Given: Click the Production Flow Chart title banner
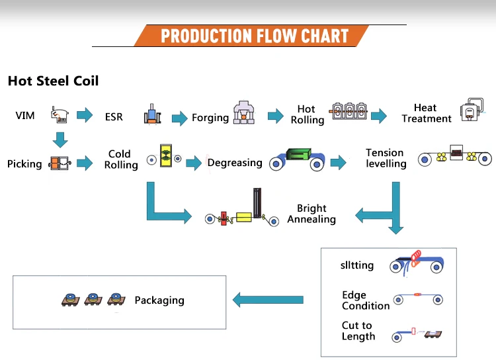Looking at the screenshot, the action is (x=251, y=36).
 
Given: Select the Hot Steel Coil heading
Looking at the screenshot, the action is (x=53, y=81).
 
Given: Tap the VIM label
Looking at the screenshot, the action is (x=25, y=116).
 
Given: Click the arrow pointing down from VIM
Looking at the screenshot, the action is (x=60, y=140).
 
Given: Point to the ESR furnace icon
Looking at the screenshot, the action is (x=152, y=114).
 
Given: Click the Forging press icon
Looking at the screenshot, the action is (x=243, y=112).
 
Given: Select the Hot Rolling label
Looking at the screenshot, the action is (x=308, y=114).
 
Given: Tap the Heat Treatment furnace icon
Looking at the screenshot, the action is (x=472, y=110).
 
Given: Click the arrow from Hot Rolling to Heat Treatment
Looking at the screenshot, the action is (x=379, y=116).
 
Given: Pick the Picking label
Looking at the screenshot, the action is (x=24, y=163).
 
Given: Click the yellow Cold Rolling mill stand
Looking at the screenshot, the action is (x=166, y=156).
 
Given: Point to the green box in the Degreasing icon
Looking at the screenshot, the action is (x=299, y=154).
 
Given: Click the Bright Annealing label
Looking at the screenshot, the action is (x=311, y=213).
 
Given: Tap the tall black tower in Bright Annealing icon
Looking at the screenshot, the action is (x=257, y=203).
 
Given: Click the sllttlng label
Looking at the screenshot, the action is (x=357, y=265).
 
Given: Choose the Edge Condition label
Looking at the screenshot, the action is (x=366, y=300).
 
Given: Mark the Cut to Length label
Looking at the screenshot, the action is (x=358, y=331).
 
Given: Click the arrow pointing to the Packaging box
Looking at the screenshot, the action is (x=268, y=300).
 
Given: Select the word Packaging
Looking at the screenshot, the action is (x=159, y=300).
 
